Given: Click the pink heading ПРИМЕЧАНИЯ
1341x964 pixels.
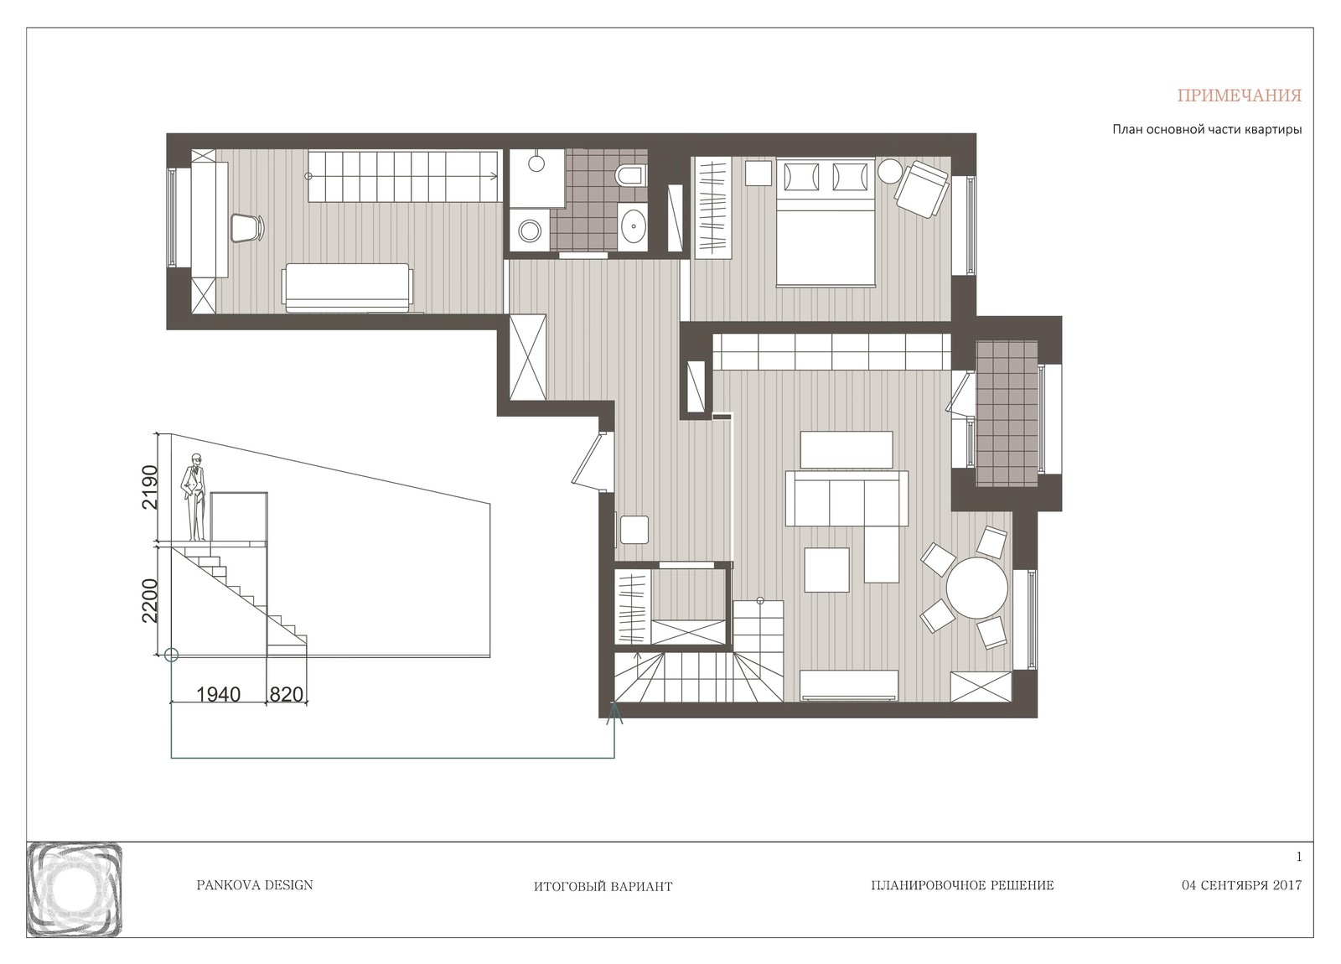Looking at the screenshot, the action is click(1240, 96).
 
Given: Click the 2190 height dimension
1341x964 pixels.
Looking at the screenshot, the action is click(149, 487).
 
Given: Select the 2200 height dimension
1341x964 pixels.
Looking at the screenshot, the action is click(149, 600).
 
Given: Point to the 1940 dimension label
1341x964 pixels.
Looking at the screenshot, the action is click(219, 694).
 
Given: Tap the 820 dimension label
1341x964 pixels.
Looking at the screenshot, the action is click(286, 694).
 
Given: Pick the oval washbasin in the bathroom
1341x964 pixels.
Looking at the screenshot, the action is click(632, 227).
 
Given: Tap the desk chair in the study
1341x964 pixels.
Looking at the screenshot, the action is click(248, 227).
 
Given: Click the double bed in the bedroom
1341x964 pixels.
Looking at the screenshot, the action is click(826, 222).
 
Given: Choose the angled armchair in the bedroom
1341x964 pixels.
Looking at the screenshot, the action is click(921, 189).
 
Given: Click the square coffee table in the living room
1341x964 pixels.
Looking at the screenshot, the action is click(826, 569).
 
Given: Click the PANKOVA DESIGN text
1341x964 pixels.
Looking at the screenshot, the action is click(255, 885).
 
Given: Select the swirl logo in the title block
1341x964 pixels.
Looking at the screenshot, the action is click(75, 889).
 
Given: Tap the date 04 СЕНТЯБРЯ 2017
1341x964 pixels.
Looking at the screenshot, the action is click(1241, 885).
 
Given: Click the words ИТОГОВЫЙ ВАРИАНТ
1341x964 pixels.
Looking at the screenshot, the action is click(603, 886).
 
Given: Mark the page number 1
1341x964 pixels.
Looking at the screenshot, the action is click(1299, 857).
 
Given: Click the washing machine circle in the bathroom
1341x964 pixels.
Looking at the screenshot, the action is click(529, 230).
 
